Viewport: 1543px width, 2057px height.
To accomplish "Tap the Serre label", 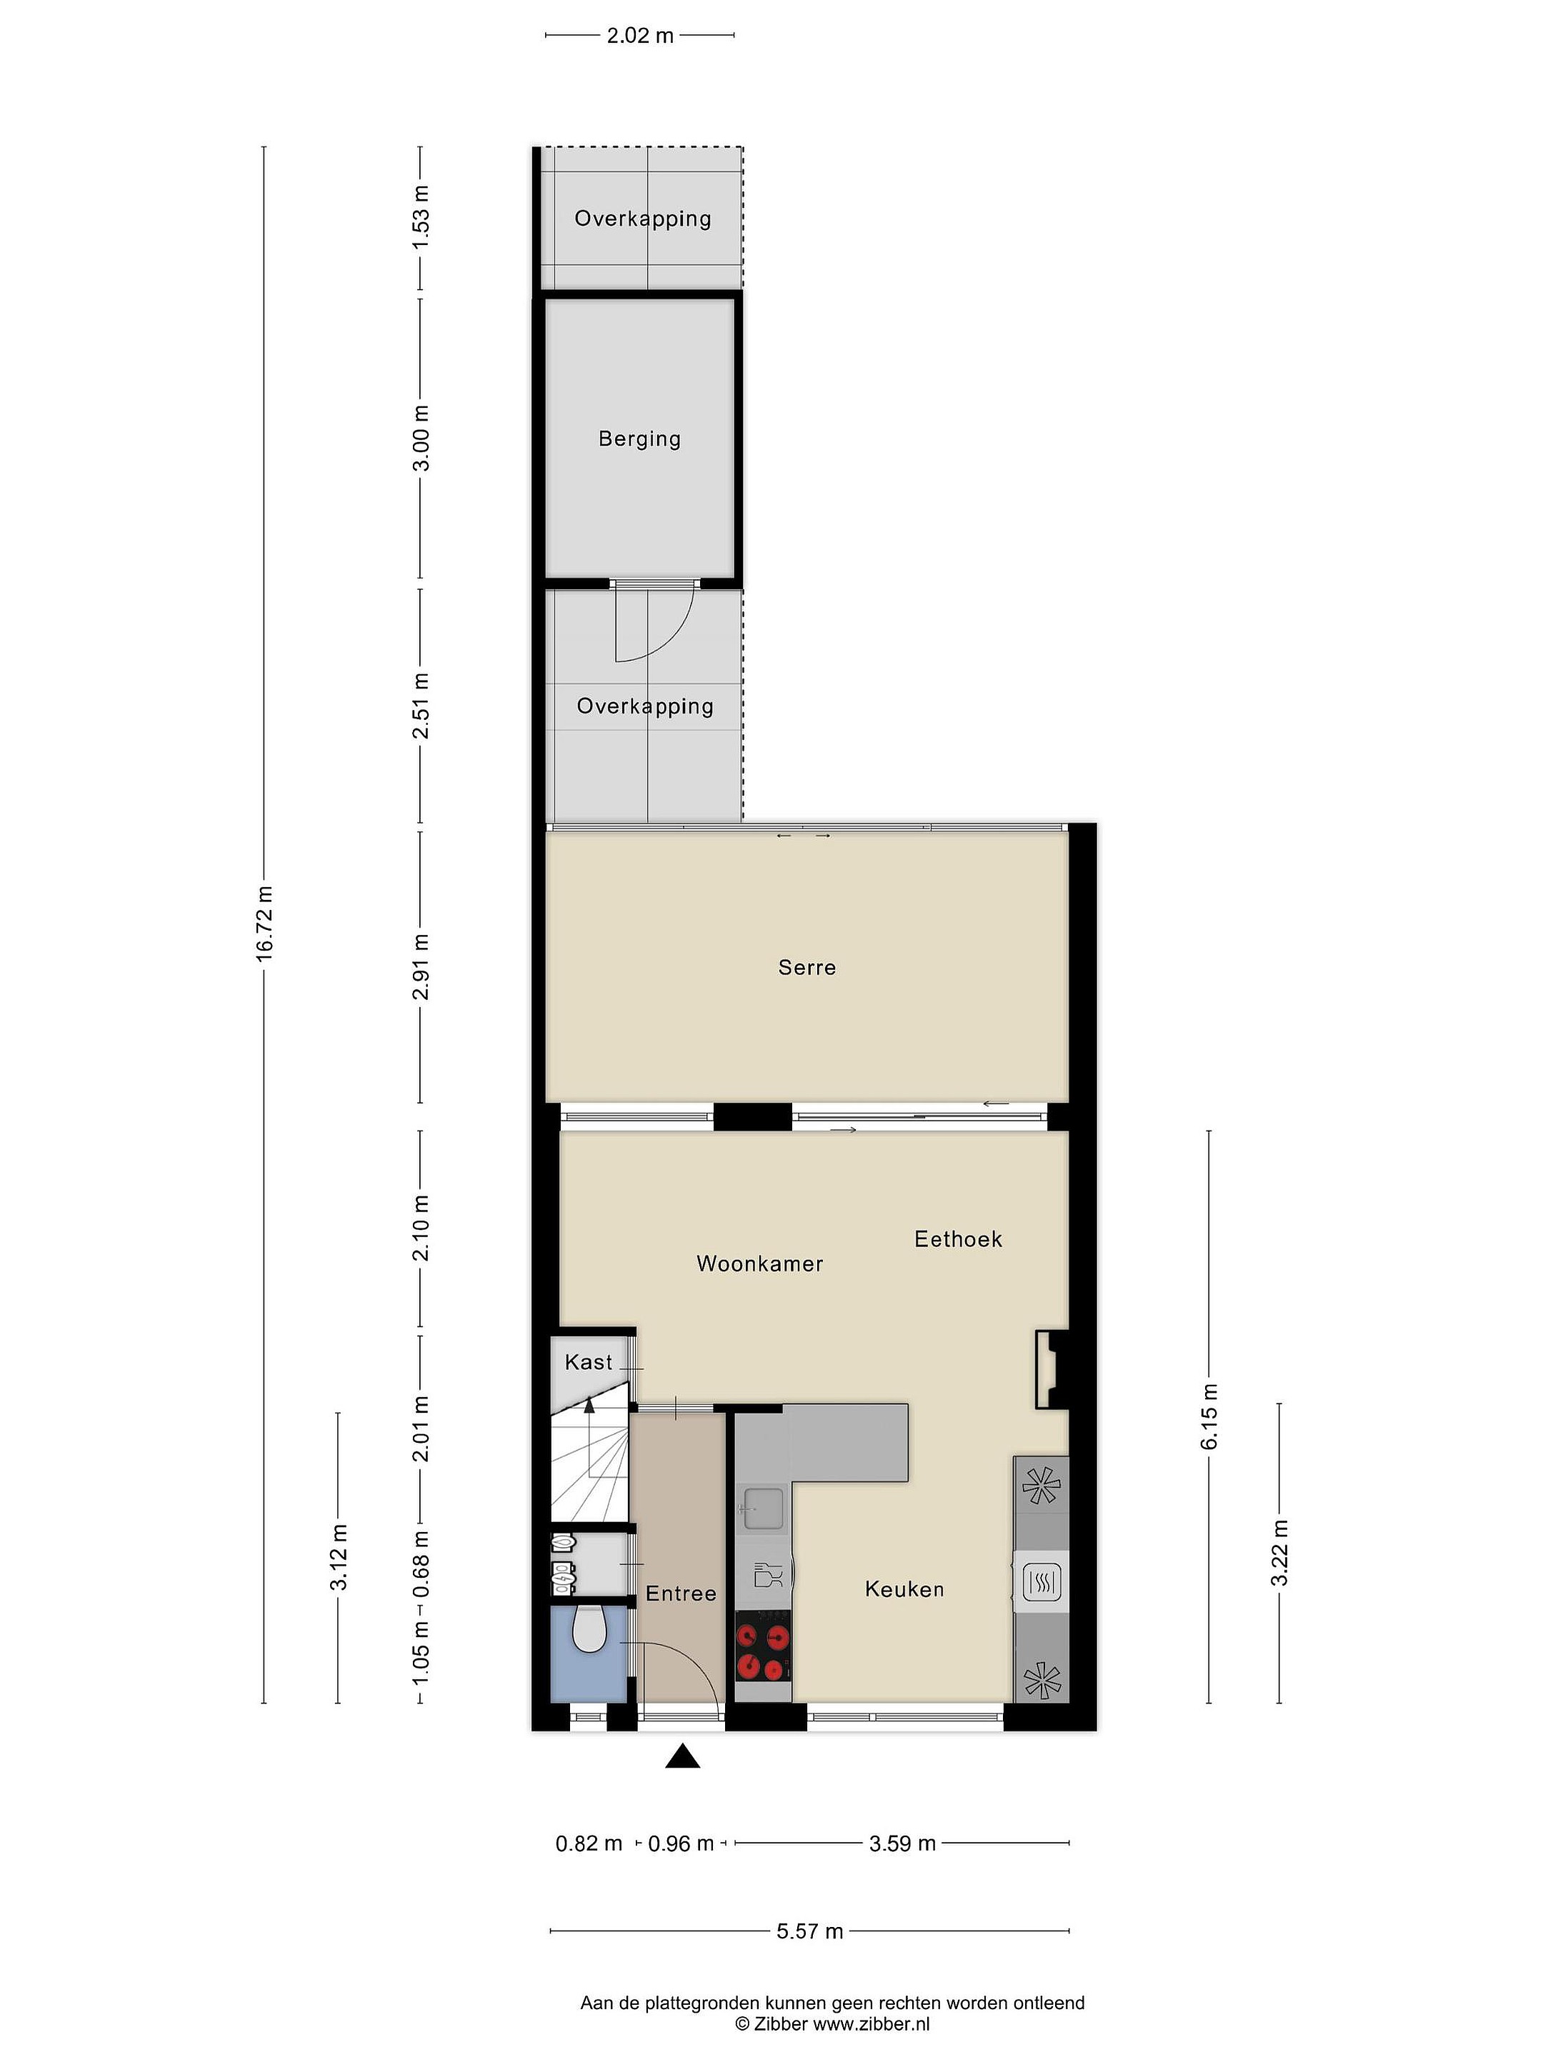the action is tap(807, 967).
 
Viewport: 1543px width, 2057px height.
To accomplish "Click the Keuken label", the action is tap(904, 1589).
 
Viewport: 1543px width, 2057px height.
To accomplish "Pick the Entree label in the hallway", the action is tap(681, 1593).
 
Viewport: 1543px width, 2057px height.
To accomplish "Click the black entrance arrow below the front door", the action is tap(683, 1756).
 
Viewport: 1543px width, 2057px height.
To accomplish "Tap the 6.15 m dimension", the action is tap(1209, 1416).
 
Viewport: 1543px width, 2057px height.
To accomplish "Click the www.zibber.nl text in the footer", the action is tap(872, 2023).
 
